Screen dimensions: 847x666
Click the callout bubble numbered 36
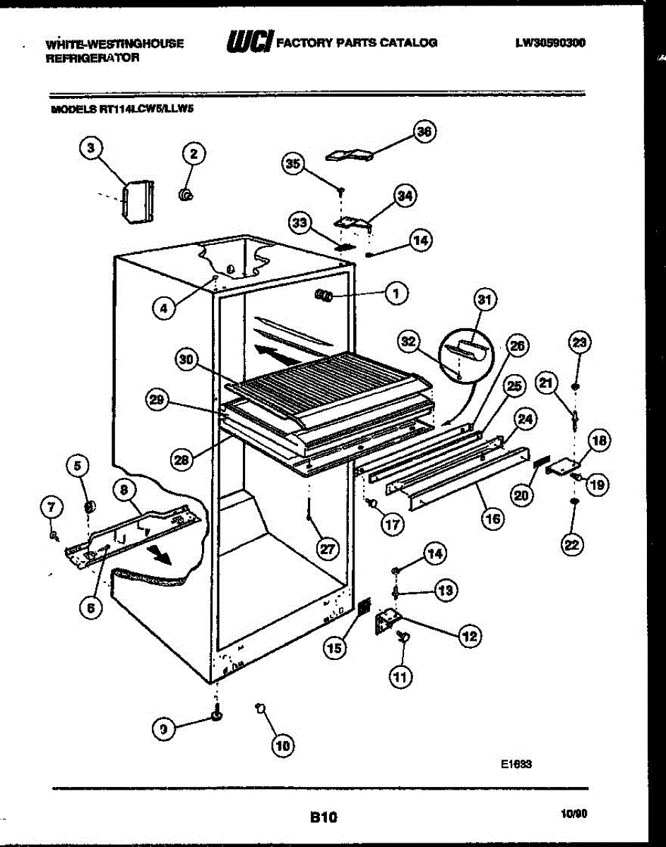pyautogui.click(x=424, y=132)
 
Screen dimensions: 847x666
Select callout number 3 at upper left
pyautogui.click(x=90, y=148)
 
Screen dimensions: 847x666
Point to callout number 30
pyautogui.click(x=186, y=359)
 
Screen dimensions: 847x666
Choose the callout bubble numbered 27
pyautogui.click(x=326, y=549)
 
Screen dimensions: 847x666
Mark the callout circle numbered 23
pyautogui.click(x=579, y=344)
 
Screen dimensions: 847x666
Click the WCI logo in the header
pyautogui.click(x=249, y=43)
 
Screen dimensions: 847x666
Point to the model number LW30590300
pyautogui.click(x=550, y=42)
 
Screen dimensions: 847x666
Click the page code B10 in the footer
pyautogui.click(x=323, y=818)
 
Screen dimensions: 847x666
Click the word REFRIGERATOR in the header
pyautogui.click(x=93, y=59)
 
